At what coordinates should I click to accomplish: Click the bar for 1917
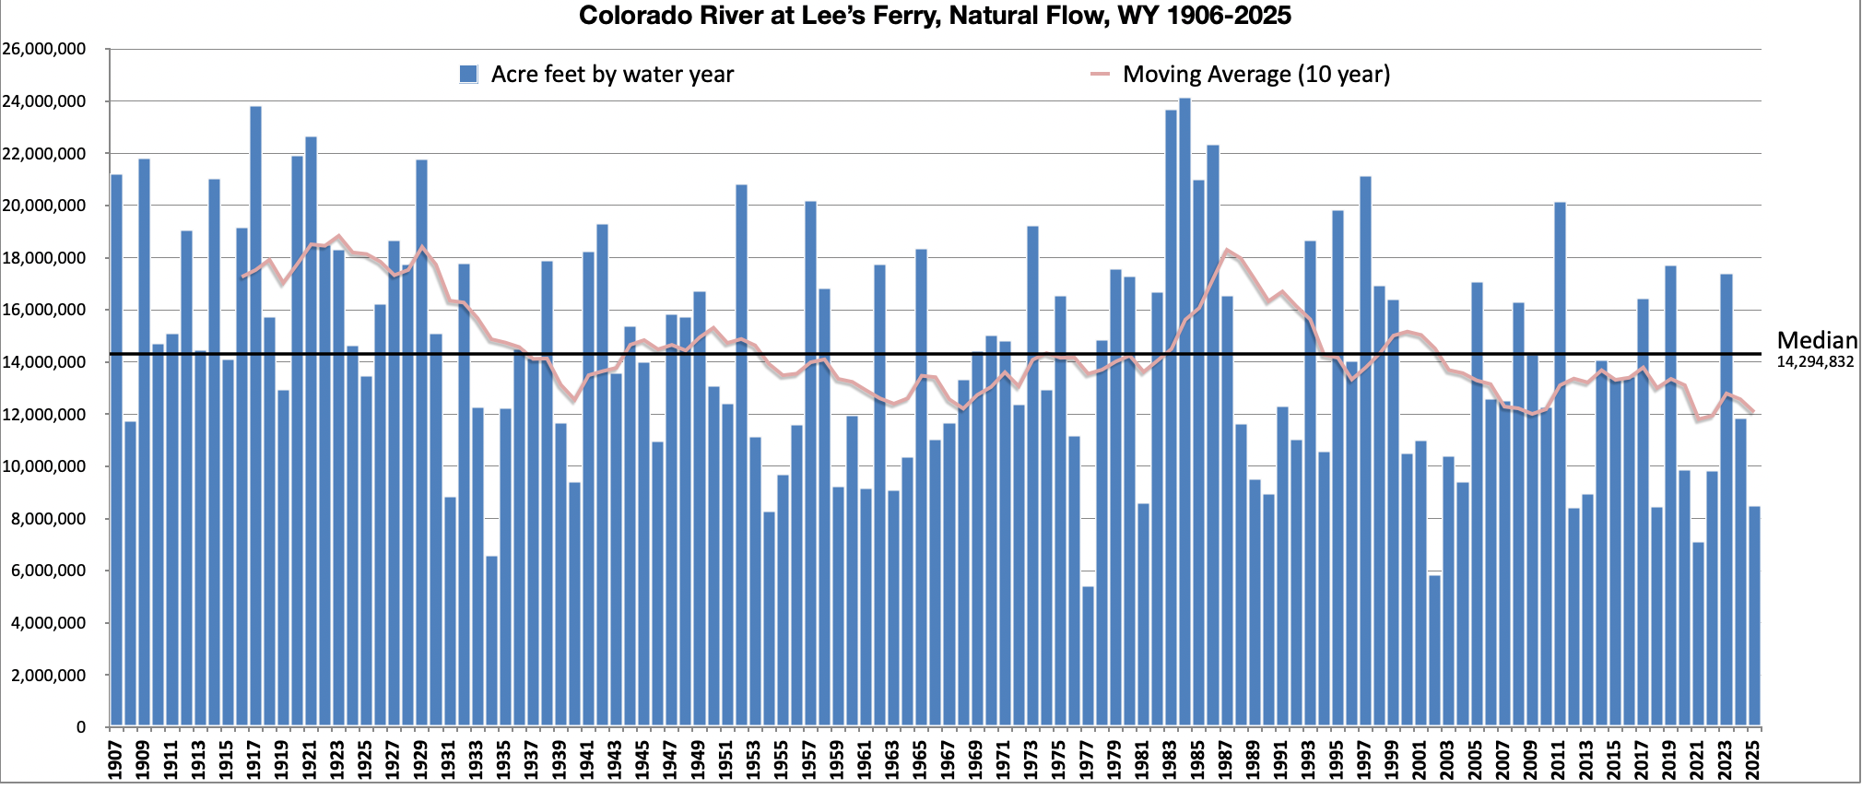click(x=255, y=415)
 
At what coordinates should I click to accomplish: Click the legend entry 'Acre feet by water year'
click(x=611, y=75)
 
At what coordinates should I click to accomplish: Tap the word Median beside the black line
click(x=1816, y=340)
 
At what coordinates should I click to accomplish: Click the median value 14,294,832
click(x=1814, y=362)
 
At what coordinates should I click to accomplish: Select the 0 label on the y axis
click(x=81, y=727)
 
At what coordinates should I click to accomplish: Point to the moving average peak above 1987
click(x=1227, y=251)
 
